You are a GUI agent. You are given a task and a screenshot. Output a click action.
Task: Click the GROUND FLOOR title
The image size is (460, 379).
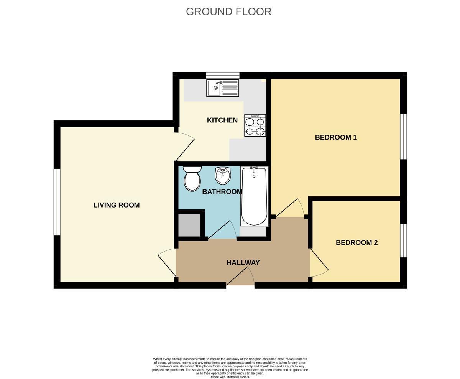click(228, 12)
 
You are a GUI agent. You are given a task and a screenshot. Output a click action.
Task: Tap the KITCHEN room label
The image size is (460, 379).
click(222, 120)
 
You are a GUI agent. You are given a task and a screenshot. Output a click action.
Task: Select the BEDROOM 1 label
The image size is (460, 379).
click(336, 137)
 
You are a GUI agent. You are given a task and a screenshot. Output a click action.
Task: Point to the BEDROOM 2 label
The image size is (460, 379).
click(356, 242)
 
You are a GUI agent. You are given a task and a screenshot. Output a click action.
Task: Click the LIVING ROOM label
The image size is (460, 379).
click(116, 205)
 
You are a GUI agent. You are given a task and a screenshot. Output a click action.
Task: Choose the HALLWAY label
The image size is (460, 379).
click(243, 262)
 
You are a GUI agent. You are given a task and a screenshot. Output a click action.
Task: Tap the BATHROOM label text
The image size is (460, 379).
click(222, 191)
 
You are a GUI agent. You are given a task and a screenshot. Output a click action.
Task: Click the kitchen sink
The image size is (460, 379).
click(222, 88)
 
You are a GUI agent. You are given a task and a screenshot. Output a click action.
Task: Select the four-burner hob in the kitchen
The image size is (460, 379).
click(255, 125)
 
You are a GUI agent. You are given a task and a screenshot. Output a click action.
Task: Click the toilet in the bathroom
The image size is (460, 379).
click(192, 178)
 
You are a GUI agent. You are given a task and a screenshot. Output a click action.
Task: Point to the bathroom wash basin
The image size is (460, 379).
click(223, 175)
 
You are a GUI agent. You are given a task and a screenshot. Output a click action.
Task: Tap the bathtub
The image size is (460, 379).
click(254, 196)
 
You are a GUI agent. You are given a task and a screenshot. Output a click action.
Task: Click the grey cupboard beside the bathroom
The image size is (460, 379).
click(189, 225)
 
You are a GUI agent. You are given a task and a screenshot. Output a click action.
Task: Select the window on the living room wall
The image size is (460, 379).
click(57, 202)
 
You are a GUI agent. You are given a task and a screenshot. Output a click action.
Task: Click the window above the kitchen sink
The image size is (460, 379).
click(222, 75)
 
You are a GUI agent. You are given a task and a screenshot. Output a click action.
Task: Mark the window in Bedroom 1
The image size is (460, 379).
click(403, 136)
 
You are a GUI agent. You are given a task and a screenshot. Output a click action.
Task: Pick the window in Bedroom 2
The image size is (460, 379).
click(403, 241)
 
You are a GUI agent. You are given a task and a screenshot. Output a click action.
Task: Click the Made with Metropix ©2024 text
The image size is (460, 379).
click(230, 377)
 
